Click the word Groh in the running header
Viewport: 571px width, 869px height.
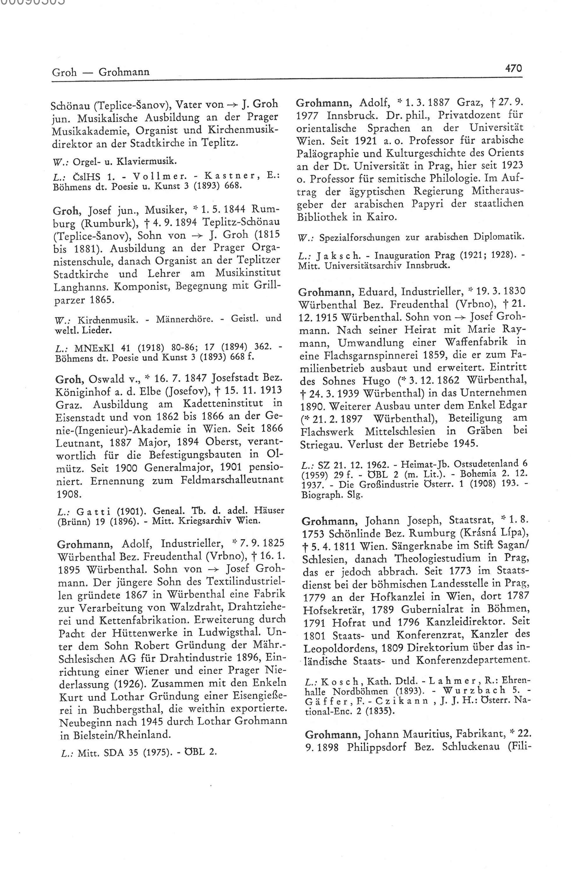(64, 72)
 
